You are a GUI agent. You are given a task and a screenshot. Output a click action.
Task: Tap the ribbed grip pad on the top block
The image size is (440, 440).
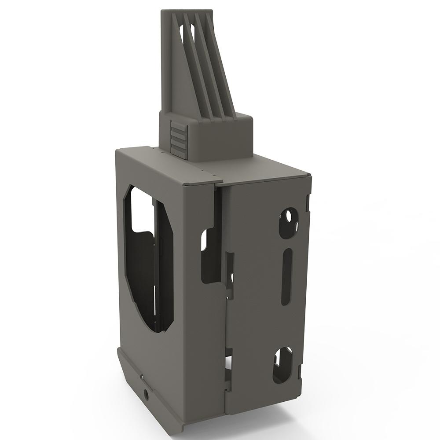point(179,139)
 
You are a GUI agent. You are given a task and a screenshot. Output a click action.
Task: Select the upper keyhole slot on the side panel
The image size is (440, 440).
point(288,223)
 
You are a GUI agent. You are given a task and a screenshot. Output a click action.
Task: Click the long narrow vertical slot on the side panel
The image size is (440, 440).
point(286,277)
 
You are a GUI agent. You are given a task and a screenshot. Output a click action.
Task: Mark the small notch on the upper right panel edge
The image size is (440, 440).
point(308,202)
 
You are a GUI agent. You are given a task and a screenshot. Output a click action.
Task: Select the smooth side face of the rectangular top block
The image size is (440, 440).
point(220,141)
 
